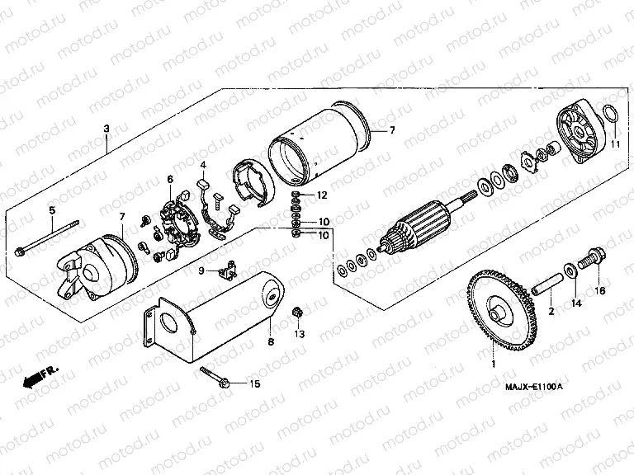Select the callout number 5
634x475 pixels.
[x=51, y=210]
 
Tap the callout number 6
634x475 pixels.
[x=170, y=179]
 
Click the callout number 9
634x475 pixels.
[x=200, y=270]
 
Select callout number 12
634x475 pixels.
[x=323, y=195]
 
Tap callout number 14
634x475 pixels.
[x=577, y=304]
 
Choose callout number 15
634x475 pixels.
[x=254, y=384]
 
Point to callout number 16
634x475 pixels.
[x=600, y=290]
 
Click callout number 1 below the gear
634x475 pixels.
[x=494, y=364]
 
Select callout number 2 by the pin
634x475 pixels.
[x=551, y=311]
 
